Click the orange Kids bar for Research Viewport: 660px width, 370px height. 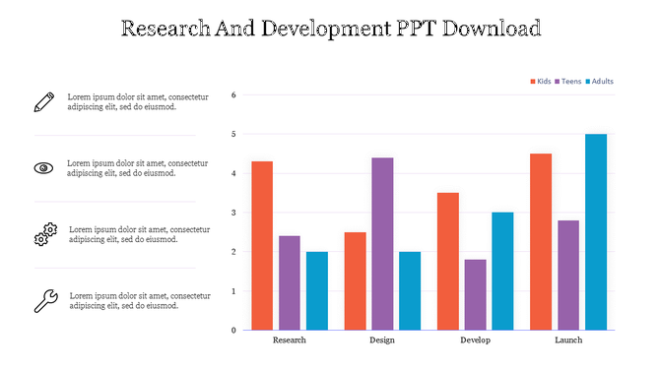[261, 245]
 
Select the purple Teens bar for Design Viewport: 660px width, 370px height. [382, 243]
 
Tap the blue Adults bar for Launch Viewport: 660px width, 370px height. [596, 231]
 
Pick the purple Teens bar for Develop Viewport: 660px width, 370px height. [475, 294]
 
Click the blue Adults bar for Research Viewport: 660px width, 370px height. [316, 290]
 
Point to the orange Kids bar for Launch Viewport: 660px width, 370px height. [541, 241]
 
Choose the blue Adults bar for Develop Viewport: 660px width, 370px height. [502, 271]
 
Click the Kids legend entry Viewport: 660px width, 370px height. [542, 81]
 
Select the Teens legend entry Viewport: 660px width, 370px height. [569, 81]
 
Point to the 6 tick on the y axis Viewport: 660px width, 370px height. [232, 95]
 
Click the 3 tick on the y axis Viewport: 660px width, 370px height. [232, 213]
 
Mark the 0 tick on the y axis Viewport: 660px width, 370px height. [232, 331]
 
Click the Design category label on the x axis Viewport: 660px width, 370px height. [382, 340]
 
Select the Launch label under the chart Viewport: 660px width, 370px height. [568, 340]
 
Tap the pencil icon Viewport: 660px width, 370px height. [43, 100]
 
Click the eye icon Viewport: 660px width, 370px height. [43, 167]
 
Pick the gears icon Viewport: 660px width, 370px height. [45, 233]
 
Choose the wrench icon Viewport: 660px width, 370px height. [45, 300]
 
